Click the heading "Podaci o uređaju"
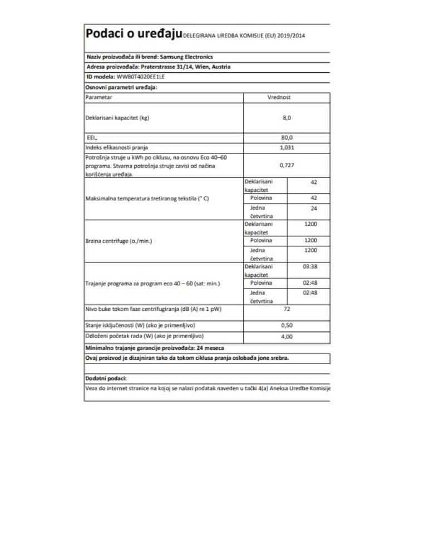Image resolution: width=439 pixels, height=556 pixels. [x=134, y=34]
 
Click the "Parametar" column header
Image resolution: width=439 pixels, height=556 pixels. [x=99, y=97]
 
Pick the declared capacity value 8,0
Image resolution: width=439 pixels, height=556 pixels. [x=287, y=118]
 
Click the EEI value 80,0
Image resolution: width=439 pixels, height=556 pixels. [x=287, y=138]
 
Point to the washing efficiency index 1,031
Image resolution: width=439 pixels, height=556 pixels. [x=287, y=148]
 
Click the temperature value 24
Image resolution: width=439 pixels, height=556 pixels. [x=313, y=209]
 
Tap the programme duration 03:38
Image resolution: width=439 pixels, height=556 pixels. [x=310, y=266]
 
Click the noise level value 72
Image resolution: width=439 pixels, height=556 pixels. [x=287, y=309]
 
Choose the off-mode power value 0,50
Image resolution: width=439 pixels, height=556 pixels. [x=287, y=325]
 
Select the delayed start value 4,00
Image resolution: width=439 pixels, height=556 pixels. [x=287, y=336]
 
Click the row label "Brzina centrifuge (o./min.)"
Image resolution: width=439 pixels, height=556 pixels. [x=119, y=241]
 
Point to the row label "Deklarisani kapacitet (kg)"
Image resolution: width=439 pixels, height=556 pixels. [x=117, y=118]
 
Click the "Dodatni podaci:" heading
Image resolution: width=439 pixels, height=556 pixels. [x=106, y=378]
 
